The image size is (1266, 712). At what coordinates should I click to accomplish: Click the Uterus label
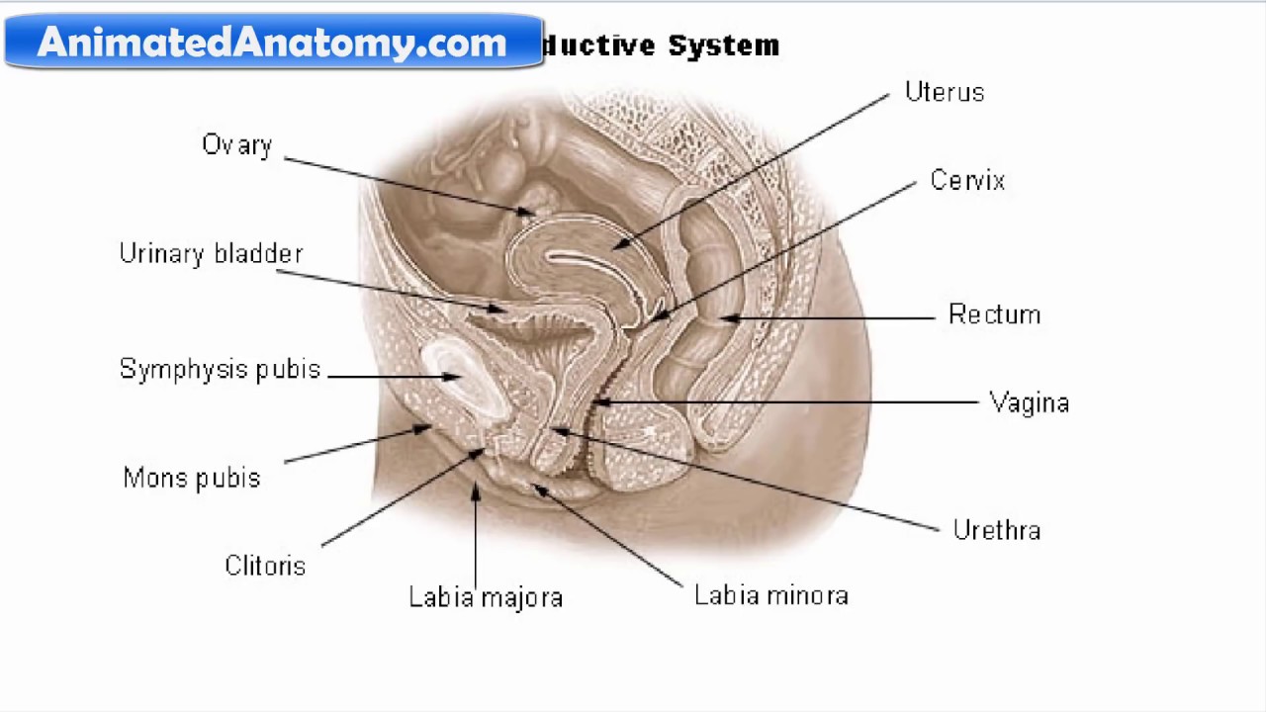pyautogui.click(x=945, y=93)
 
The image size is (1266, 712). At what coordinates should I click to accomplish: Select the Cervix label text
pyautogui.click(x=967, y=181)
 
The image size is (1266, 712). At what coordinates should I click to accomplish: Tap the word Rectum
pyautogui.click(x=994, y=314)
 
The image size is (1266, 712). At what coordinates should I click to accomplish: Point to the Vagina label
pyautogui.click(x=1029, y=403)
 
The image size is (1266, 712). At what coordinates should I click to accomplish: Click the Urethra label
pyautogui.click(x=996, y=531)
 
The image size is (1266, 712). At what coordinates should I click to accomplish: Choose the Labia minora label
pyautogui.click(x=770, y=596)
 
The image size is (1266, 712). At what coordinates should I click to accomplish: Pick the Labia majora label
pyautogui.click(x=486, y=597)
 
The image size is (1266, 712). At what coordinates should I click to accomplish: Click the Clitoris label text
pyautogui.click(x=265, y=566)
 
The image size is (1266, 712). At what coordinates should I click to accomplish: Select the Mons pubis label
pyautogui.click(x=192, y=479)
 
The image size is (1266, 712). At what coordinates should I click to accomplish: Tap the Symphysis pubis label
pyautogui.click(x=220, y=370)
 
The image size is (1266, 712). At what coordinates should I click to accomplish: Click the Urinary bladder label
pyautogui.click(x=211, y=254)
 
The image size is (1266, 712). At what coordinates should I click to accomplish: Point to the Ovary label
pyautogui.click(x=236, y=145)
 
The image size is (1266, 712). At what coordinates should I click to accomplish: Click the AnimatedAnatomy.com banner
pyautogui.click(x=273, y=42)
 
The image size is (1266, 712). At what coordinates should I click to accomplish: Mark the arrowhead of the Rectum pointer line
pyautogui.click(x=726, y=318)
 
